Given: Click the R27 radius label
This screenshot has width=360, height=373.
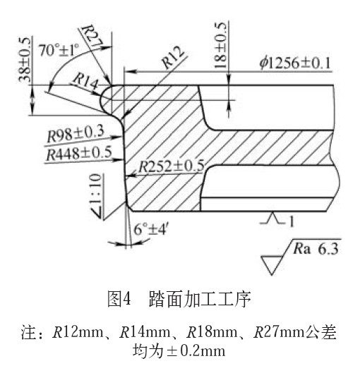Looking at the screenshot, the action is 92,36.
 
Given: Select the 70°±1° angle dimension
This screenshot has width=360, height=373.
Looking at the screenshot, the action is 59,50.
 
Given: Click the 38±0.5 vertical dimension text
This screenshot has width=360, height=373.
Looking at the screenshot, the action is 25,60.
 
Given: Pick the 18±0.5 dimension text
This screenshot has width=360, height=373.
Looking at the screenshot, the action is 220,45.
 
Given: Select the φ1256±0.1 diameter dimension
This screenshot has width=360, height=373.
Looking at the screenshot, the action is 295,63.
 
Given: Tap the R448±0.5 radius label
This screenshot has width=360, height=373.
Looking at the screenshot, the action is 79,153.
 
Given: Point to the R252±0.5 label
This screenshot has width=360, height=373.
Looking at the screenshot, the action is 172,166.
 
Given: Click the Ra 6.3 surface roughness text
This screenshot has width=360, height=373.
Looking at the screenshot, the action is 316,249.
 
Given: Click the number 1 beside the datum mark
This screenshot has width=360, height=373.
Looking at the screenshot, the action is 292,221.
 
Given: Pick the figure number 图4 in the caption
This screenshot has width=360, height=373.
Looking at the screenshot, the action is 119,299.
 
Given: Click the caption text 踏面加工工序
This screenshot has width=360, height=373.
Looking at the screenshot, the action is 200,299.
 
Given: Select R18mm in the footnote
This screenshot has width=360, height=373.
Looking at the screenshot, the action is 212,332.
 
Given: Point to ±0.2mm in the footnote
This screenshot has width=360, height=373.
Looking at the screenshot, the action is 196,351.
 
